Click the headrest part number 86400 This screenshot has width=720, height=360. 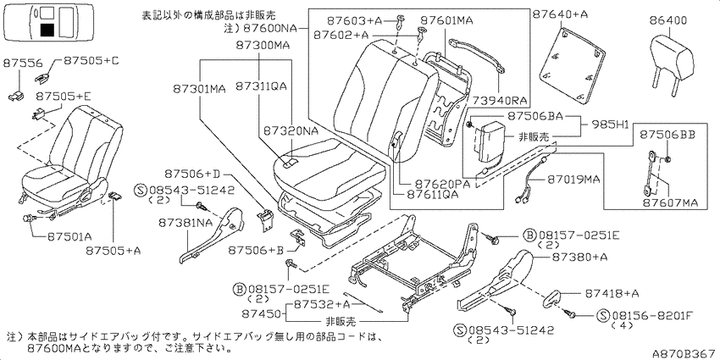(x=668, y=20)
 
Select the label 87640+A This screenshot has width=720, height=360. (x=560, y=14)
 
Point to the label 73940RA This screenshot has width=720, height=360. (x=499, y=101)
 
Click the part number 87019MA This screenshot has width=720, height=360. (x=573, y=180)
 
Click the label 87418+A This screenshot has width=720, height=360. (x=612, y=293)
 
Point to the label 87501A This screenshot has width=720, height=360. (x=69, y=237)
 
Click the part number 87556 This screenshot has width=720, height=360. (x=23, y=63)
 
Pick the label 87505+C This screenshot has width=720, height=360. (x=91, y=60)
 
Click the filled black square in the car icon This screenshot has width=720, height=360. (x=47, y=30)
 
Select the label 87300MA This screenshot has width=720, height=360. (x=263, y=46)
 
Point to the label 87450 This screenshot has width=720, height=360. (x=267, y=314)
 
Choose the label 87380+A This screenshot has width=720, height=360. (x=579, y=258)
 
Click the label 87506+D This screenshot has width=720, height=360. (x=193, y=174)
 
